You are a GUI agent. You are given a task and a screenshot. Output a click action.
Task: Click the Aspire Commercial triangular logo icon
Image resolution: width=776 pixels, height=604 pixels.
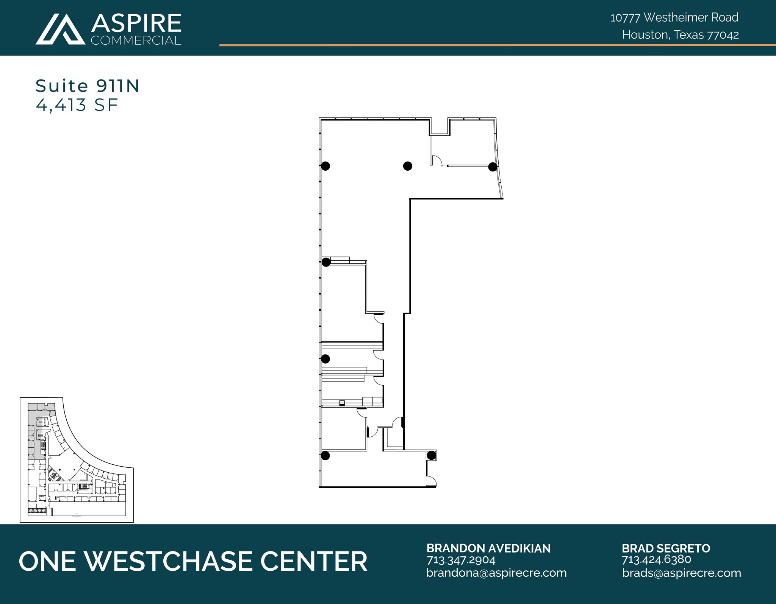point(61,30)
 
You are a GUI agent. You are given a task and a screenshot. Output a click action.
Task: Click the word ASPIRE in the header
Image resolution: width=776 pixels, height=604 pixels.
point(136,23)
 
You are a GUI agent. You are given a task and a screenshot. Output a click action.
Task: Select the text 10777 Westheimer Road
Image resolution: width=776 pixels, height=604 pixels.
point(674,17)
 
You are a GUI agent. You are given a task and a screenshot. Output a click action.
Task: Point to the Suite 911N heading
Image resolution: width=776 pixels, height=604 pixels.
point(88,86)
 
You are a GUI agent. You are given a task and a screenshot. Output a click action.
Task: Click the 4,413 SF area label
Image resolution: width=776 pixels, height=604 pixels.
point(77,105)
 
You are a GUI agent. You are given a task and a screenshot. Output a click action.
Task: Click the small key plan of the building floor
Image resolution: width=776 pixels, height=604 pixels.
point(77,459)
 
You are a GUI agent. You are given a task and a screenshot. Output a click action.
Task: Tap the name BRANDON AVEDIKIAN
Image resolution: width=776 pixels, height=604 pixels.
point(488,548)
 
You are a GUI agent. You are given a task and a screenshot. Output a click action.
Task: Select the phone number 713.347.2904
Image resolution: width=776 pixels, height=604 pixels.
point(461,560)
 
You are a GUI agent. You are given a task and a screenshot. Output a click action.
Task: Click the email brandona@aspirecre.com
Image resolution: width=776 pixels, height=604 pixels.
point(496,573)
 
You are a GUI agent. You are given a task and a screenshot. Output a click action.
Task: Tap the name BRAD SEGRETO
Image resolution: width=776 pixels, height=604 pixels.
point(666,548)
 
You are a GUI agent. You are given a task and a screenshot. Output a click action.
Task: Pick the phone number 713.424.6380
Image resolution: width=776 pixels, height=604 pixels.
point(656,560)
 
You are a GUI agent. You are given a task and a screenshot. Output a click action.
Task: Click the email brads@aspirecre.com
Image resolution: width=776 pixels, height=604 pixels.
point(681,573)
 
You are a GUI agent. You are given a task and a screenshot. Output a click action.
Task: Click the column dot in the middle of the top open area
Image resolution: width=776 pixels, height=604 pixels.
point(407,166)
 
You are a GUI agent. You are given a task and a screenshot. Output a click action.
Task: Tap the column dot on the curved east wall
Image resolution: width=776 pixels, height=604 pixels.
point(492,167)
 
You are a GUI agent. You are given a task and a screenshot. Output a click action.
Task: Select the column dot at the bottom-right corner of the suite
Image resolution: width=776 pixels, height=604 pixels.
point(431,456)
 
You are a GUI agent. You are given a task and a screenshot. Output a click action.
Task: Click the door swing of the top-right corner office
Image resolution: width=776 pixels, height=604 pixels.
point(437,160)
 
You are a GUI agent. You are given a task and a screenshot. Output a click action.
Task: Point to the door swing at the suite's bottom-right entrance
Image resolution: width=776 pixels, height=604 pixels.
point(432,481)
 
